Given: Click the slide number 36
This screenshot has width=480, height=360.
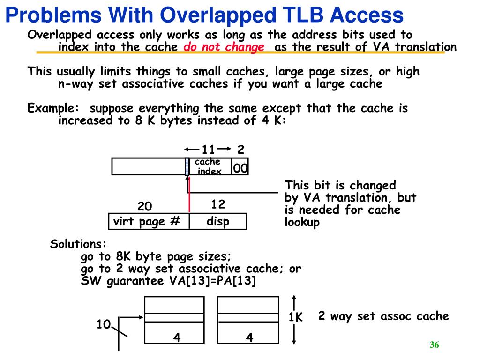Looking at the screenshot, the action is click(x=434, y=345).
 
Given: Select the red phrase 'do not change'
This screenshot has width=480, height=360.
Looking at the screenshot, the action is click(x=224, y=47).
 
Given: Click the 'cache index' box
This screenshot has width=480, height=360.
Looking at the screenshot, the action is click(x=210, y=166).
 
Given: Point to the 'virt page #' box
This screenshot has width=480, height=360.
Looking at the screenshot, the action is click(x=149, y=221).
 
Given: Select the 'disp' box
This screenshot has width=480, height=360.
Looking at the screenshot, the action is click(x=218, y=221).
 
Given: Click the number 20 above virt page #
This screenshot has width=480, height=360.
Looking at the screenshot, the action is click(x=145, y=206).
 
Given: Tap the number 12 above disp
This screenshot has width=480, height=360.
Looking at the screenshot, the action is click(x=218, y=204).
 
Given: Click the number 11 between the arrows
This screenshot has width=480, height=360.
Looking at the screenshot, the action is click(x=208, y=150).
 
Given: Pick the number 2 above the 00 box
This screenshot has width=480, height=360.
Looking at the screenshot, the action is click(x=241, y=150).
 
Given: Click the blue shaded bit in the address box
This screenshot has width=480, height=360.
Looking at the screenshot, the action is click(x=187, y=166).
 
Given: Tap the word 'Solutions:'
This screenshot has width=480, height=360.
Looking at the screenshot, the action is click(x=78, y=244).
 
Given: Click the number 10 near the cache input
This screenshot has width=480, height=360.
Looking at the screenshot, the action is click(x=104, y=324).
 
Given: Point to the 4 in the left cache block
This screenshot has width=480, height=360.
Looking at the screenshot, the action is click(x=177, y=337).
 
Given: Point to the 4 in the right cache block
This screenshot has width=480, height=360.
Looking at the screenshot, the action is click(x=249, y=337).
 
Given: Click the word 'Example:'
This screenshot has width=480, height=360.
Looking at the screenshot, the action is click(x=53, y=108).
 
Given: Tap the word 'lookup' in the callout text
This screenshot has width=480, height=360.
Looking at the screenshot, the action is click(x=302, y=222).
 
